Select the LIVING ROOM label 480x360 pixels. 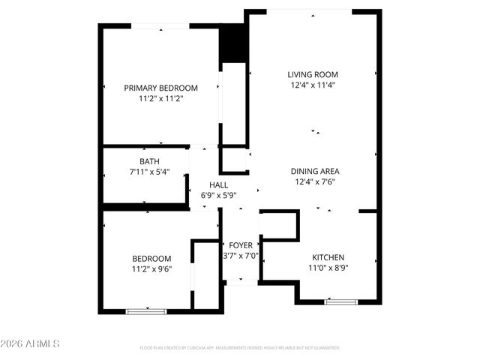pos(313,74)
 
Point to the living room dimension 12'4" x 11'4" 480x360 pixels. pos(313,85)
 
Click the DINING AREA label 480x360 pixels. pos(315,171)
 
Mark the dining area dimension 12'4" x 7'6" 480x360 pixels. pos(315,181)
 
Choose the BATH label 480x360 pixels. pos(149,161)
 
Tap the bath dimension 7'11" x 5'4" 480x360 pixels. pos(149,172)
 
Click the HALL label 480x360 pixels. pos(219,184)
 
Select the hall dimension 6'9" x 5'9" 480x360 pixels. pos(219,195)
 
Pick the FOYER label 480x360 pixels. pos(241,245)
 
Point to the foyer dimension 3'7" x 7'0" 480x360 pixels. pos(241,256)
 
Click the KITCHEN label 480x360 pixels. pos(328,257)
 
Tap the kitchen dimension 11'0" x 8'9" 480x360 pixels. pos(328,268)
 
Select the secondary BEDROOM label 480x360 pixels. pos(151,259)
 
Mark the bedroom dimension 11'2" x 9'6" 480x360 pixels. pos(151,269)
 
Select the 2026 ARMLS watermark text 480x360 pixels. pos(31,343)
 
